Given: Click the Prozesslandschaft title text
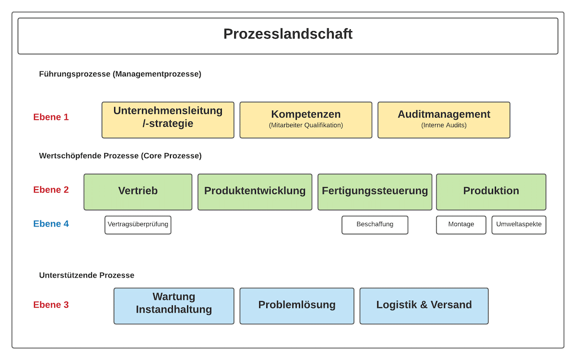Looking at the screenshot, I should [288, 34].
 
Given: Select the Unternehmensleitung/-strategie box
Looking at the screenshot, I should [168, 120].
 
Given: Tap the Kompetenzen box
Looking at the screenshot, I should [306, 120].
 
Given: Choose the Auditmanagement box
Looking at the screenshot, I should [444, 120].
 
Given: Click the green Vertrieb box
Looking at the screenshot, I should [138, 192].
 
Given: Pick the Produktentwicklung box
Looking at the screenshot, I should [255, 192].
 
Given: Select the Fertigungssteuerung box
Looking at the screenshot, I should [375, 192].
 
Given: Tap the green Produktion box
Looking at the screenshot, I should [491, 192].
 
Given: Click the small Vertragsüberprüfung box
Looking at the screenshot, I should [138, 225].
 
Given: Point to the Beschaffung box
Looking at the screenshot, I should [375, 225].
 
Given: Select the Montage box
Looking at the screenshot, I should [461, 225].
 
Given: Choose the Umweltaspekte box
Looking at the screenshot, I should [519, 225].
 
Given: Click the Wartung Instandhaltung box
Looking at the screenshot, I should [174, 306].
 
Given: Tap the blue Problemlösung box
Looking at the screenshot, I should [297, 306].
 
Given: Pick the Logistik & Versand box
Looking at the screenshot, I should [424, 306].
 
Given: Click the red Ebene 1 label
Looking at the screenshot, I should [51, 117].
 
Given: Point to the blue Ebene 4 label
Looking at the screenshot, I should [51, 224].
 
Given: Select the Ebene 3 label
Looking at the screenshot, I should [51, 305].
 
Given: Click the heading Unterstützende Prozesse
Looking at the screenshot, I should [87, 276].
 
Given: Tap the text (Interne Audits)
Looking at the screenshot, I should [444, 125].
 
